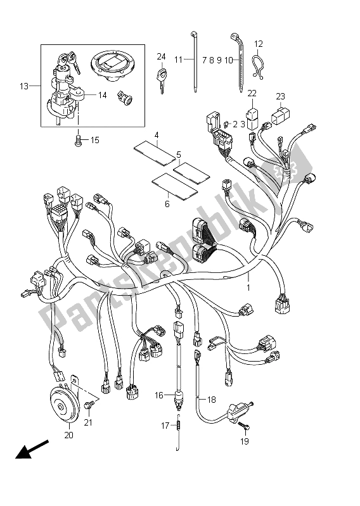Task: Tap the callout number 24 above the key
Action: [162, 56]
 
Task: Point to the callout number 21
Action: [88, 422]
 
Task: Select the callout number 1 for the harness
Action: [248, 288]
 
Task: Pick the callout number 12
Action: [258, 44]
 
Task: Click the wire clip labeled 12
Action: [257, 64]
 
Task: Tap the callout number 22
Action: [252, 94]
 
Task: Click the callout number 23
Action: [280, 96]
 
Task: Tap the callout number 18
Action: [212, 400]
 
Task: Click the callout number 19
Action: [245, 441]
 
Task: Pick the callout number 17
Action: [165, 426]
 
